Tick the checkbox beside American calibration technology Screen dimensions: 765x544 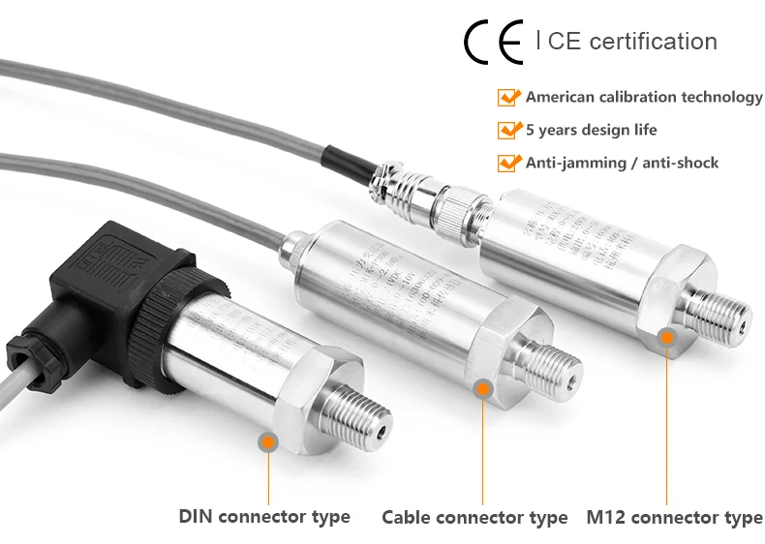tap(508, 98)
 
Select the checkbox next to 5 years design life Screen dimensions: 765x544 tap(508, 130)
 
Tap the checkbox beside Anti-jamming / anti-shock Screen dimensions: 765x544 tap(508, 163)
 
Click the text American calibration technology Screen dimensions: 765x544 tap(644, 98)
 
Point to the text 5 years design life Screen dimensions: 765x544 tap(591, 130)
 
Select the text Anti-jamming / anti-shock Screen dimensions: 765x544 tap(622, 163)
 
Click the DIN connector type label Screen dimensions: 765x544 tap(264, 516)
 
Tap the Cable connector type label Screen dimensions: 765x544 tap(474, 518)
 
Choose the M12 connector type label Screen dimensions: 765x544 tap(674, 518)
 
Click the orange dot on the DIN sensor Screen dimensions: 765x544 tap(268, 442)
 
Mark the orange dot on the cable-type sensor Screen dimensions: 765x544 tap(483, 389)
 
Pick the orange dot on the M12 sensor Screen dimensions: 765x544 tap(666, 337)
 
